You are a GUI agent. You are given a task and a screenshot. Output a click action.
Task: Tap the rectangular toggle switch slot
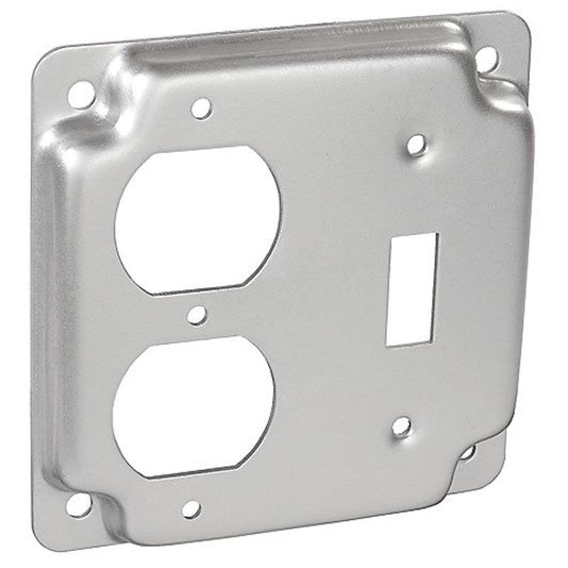411,289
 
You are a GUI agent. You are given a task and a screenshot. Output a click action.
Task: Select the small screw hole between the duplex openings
197,315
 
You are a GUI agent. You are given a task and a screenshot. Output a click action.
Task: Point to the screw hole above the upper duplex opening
201,108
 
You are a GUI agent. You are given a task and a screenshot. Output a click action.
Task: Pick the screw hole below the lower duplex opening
190,508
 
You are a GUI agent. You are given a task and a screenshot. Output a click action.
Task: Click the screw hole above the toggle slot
417,145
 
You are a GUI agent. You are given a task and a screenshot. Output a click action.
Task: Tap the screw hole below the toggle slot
401,426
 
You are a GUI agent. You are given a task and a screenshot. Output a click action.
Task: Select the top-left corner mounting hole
82,94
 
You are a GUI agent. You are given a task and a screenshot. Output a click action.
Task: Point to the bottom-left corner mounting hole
78,505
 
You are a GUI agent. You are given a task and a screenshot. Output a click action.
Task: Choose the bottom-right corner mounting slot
468,452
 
